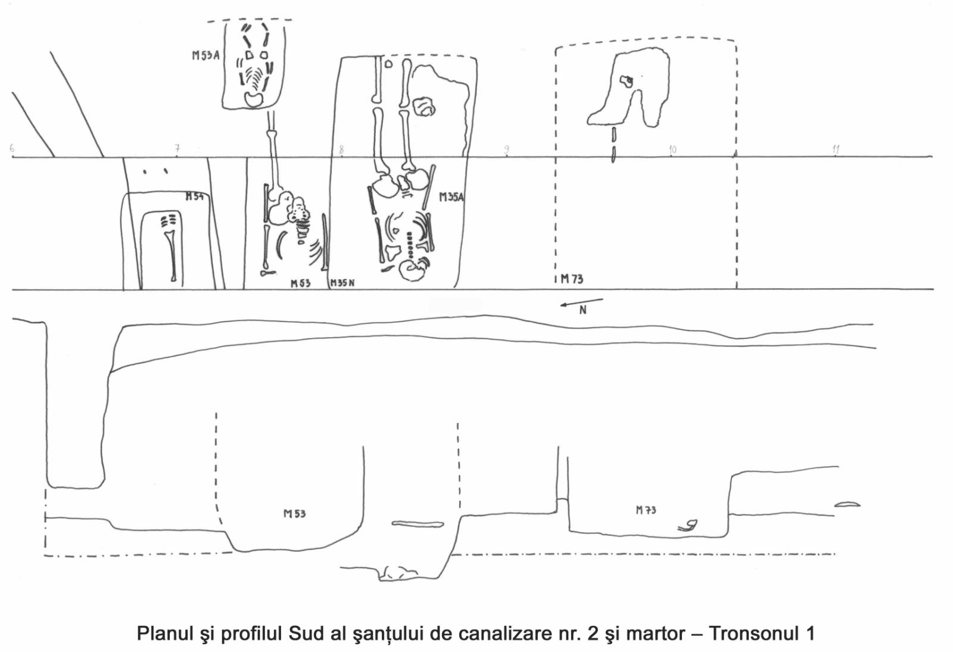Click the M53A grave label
(205, 55)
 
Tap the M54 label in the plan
(194, 196)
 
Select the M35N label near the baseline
(342, 283)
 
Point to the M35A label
(451, 197)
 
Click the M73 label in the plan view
(572, 279)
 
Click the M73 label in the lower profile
(646, 510)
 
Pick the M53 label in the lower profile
(294, 513)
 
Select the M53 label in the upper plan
(300, 283)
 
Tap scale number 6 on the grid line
(12, 148)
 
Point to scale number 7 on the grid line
(177, 148)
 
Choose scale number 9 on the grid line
(506, 149)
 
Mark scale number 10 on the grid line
(672, 149)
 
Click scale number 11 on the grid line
(836, 149)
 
